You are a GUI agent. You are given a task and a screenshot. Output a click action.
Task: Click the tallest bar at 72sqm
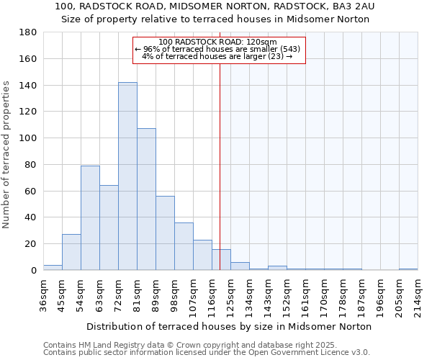pyautogui.click(x=127, y=176)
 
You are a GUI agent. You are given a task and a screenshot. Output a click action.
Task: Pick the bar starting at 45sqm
pyautogui.click(x=71, y=252)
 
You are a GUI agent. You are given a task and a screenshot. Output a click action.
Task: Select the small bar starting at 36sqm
pyautogui.click(x=53, y=267)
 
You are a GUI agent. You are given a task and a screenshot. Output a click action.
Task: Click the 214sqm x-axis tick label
pyautogui.click(x=418, y=296)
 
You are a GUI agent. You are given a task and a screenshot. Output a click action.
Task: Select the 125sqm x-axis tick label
pyautogui.click(x=230, y=296)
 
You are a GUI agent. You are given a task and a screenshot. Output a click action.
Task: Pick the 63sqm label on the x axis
pyautogui.click(x=99, y=294)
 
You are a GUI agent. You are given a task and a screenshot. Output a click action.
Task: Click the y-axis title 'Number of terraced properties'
pyautogui.click(x=6, y=155)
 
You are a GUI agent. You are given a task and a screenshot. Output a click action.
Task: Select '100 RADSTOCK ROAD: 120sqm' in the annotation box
pyautogui.click(x=217, y=42)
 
